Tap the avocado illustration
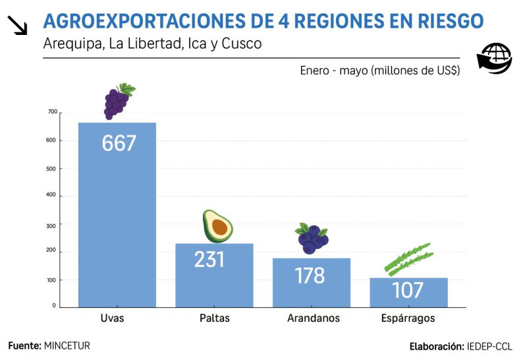[217, 226]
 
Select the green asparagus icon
[408, 259]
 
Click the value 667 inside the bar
[119, 143]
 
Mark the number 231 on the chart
[209, 259]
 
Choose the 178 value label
[310, 274]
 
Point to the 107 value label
[408, 290]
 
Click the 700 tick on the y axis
[53, 112]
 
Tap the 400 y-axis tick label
[53, 196]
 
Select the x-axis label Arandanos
[314, 318]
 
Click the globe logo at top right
[494, 59]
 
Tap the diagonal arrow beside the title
[18, 25]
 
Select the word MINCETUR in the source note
[67, 345]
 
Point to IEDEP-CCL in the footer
[489, 346]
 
